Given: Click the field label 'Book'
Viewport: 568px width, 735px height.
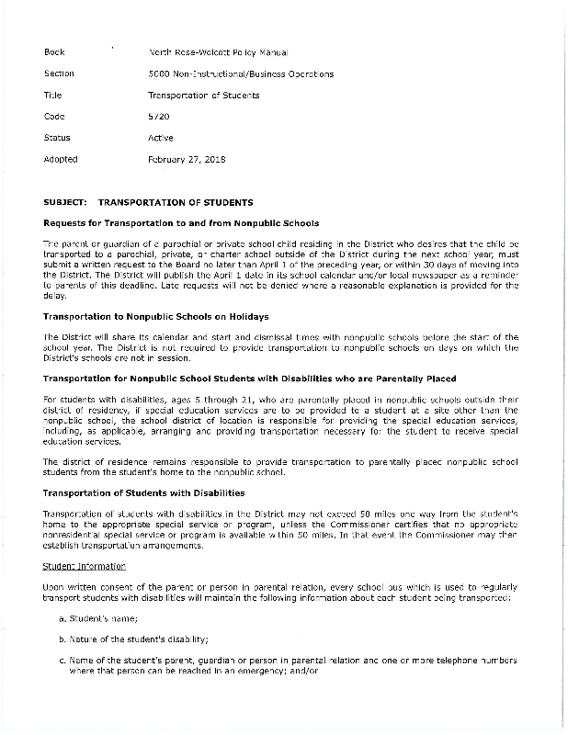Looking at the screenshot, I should tap(53, 52).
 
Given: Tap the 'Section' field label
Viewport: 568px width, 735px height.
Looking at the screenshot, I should tap(58, 73).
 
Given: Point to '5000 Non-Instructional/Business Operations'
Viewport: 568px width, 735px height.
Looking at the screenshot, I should tap(240, 73).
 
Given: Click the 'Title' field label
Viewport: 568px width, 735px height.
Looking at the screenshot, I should tap(52, 95).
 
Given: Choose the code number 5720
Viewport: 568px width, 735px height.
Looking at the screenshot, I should tap(158, 117).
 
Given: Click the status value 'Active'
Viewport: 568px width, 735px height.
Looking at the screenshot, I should tap(161, 138).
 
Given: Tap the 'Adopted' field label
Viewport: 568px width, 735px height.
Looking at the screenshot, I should tap(61, 159).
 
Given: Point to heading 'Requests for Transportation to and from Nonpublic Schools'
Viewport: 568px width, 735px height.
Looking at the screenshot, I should tap(181, 223).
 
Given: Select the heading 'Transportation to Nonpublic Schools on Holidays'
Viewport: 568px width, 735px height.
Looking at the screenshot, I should tap(156, 316).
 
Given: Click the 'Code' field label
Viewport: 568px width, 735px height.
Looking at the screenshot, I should tap(53, 117).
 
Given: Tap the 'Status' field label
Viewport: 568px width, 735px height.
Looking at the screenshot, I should tap(57, 138).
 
